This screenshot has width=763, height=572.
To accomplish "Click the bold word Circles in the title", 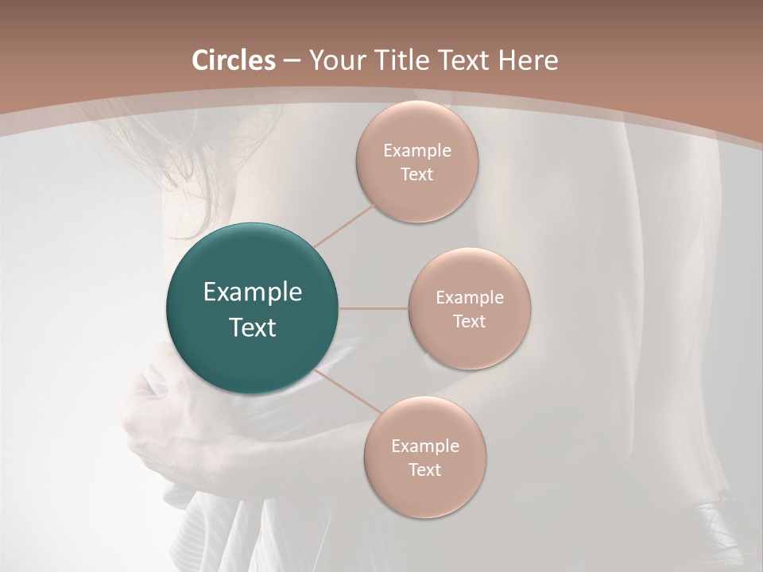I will [x=234, y=60].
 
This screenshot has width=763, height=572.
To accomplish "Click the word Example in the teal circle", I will [x=253, y=292].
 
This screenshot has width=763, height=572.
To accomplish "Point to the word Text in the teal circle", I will [x=253, y=327].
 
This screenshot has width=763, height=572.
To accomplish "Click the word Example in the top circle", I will [x=417, y=151].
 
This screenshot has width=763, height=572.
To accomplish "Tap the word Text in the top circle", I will [x=417, y=175].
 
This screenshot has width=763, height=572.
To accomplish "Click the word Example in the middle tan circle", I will [x=469, y=298].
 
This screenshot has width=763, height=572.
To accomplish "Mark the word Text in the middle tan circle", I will [x=469, y=321].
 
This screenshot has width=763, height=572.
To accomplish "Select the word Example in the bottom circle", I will [x=425, y=446].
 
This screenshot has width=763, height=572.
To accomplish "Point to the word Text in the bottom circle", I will [x=425, y=470].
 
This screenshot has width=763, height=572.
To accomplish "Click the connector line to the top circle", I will [x=345, y=225].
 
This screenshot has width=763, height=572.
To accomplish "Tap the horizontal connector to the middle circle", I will [x=374, y=308].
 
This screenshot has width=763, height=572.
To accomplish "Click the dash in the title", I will [x=292, y=61].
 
